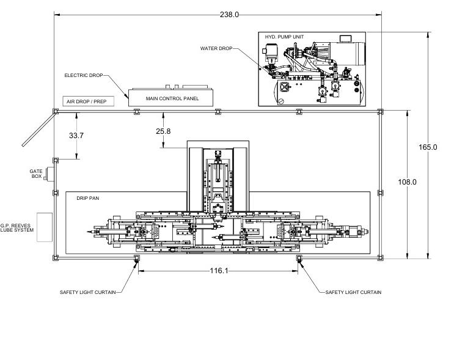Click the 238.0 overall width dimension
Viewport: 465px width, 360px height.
(229, 15)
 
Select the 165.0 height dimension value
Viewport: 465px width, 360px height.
(428, 147)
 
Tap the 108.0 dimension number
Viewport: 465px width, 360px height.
(407, 182)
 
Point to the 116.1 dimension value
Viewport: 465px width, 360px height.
(219, 271)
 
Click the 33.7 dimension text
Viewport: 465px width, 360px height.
(76, 136)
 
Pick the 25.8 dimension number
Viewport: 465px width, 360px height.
(163, 131)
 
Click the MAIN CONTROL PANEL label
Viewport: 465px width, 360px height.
(172, 98)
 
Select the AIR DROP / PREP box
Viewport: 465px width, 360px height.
(89, 101)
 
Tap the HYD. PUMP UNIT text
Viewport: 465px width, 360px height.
(284, 37)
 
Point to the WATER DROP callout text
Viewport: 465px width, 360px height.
(216, 48)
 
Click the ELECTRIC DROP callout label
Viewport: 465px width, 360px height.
(84, 75)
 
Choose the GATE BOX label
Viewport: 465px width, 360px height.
(36, 174)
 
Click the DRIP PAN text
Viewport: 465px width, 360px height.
(88, 198)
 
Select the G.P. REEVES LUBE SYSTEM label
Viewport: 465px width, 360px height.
(17, 228)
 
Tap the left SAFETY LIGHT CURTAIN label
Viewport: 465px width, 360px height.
(88, 292)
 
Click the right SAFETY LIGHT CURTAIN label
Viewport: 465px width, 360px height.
(353, 292)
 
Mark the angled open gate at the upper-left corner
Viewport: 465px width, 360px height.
(39, 129)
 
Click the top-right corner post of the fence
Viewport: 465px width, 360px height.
(381, 112)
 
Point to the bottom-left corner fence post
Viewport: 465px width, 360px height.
(56, 258)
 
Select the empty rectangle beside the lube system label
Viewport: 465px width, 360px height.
(45, 227)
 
